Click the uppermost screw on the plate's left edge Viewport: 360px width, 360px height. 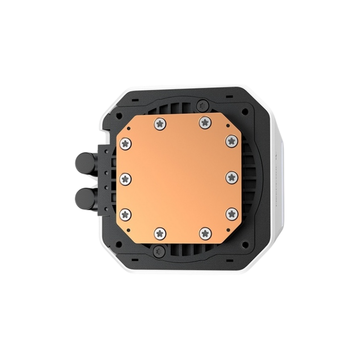click(x=125, y=142)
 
